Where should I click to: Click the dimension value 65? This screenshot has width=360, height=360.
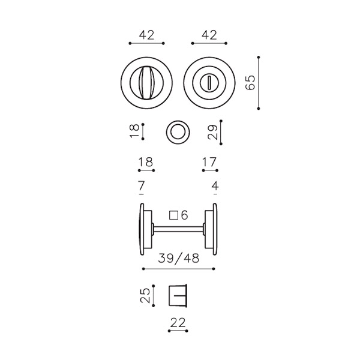coord(250,82)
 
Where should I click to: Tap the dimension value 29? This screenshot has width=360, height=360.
coord(212,132)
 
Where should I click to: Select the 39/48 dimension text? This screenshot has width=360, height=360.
coord(178,259)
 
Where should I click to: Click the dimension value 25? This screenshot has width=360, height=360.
coord(145,295)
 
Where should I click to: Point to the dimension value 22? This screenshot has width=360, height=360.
coord(178,323)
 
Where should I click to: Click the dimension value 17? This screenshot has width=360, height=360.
coord(209,162)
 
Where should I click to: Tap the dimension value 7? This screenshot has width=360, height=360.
coord(142,186)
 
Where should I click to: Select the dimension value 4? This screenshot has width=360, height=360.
coord(215,186)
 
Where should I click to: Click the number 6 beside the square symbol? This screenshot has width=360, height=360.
coord(184,215)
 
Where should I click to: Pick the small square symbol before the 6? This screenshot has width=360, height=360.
coord(173,215)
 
